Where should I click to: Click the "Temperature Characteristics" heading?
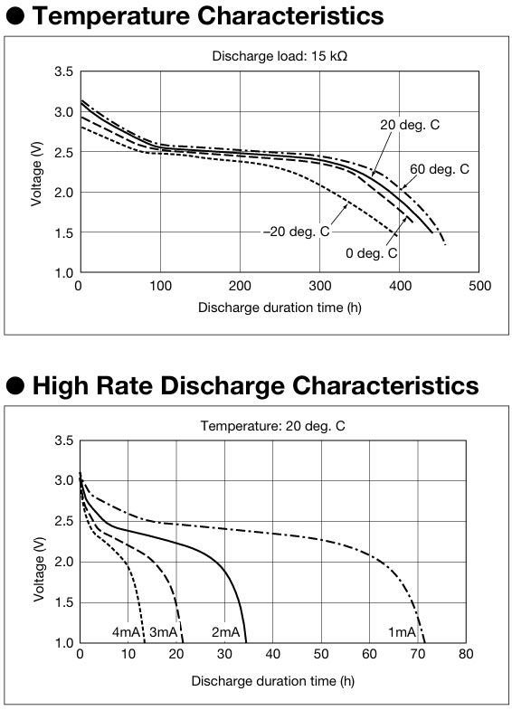[208, 16]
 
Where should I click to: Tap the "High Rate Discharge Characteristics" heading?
[256, 386]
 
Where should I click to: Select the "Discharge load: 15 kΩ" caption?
[280, 56]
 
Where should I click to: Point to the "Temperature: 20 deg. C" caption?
[272, 426]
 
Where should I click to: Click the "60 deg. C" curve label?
[440, 169]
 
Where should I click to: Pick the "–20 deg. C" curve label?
[297, 232]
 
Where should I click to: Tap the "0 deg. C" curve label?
[371, 253]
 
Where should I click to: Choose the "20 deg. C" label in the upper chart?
[410, 125]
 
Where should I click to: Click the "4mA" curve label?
[126, 631]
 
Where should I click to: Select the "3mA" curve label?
[164, 631]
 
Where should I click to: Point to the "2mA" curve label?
[225, 631]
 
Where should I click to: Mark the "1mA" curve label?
[402, 631]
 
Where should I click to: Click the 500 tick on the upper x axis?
[479, 286]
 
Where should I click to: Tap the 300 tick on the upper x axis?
[320, 286]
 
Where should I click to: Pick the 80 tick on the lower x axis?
[466, 654]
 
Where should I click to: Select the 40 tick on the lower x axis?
[273, 654]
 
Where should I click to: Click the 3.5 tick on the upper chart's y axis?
[64, 71]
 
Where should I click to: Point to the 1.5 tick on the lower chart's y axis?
[64, 602]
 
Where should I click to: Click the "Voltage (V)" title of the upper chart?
[37, 174]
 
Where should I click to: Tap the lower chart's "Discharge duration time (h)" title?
[273, 681]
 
